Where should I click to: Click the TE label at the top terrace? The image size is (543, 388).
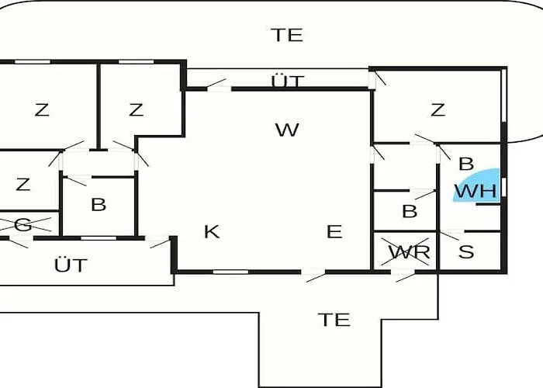click(x=287, y=35)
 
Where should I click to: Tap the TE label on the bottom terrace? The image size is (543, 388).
click(x=334, y=319)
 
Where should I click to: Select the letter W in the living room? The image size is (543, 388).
click(x=287, y=130)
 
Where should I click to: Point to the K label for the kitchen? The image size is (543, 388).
click(x=211, y=231)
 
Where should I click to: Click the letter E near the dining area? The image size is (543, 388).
click(x=334, y=231)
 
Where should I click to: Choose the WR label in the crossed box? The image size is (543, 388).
click(x=409, y=252)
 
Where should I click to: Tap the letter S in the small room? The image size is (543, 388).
click(x=466, y=252)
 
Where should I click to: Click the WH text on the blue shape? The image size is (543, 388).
click(x=475, y=191)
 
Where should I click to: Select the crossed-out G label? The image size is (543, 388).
click(x=23, y=225)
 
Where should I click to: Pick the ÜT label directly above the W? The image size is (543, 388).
click(x=288, y=81)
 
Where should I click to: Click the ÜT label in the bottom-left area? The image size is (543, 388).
click(x=71, y=265)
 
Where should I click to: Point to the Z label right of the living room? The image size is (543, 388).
click(x=438, y=110)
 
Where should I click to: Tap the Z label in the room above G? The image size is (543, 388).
click(x=23, y=185)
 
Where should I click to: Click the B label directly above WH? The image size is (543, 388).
click(x=466, y=164)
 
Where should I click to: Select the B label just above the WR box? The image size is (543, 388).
click(x=410, y=211)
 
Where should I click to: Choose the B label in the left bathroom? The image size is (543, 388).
click(x=99, y=206)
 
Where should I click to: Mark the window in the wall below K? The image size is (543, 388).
click(x=230, y=272)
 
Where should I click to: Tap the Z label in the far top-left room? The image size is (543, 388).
click(x=42, y=110)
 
